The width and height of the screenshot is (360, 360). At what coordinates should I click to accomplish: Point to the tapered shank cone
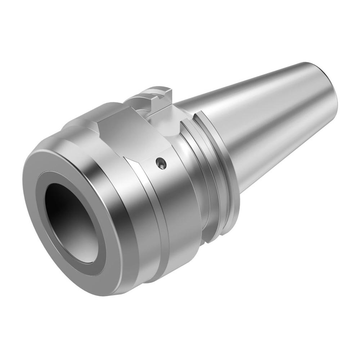[266, 119]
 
